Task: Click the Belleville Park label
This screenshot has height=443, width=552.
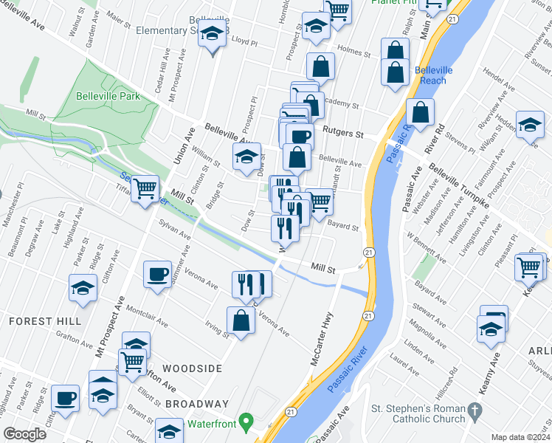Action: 108,96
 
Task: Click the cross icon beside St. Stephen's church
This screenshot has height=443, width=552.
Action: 476,409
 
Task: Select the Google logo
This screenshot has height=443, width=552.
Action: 26,433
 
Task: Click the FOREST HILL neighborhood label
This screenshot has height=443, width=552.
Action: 41,321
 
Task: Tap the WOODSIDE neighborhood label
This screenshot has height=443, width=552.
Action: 192,368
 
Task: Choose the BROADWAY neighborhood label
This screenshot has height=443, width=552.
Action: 197,404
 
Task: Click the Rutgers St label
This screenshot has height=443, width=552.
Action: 346,135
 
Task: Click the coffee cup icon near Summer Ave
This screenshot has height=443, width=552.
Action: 158,275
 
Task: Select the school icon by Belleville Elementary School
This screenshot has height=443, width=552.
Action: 213,34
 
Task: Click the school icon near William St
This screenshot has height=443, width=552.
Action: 247,156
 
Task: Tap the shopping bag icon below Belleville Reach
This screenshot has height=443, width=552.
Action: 420,112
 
